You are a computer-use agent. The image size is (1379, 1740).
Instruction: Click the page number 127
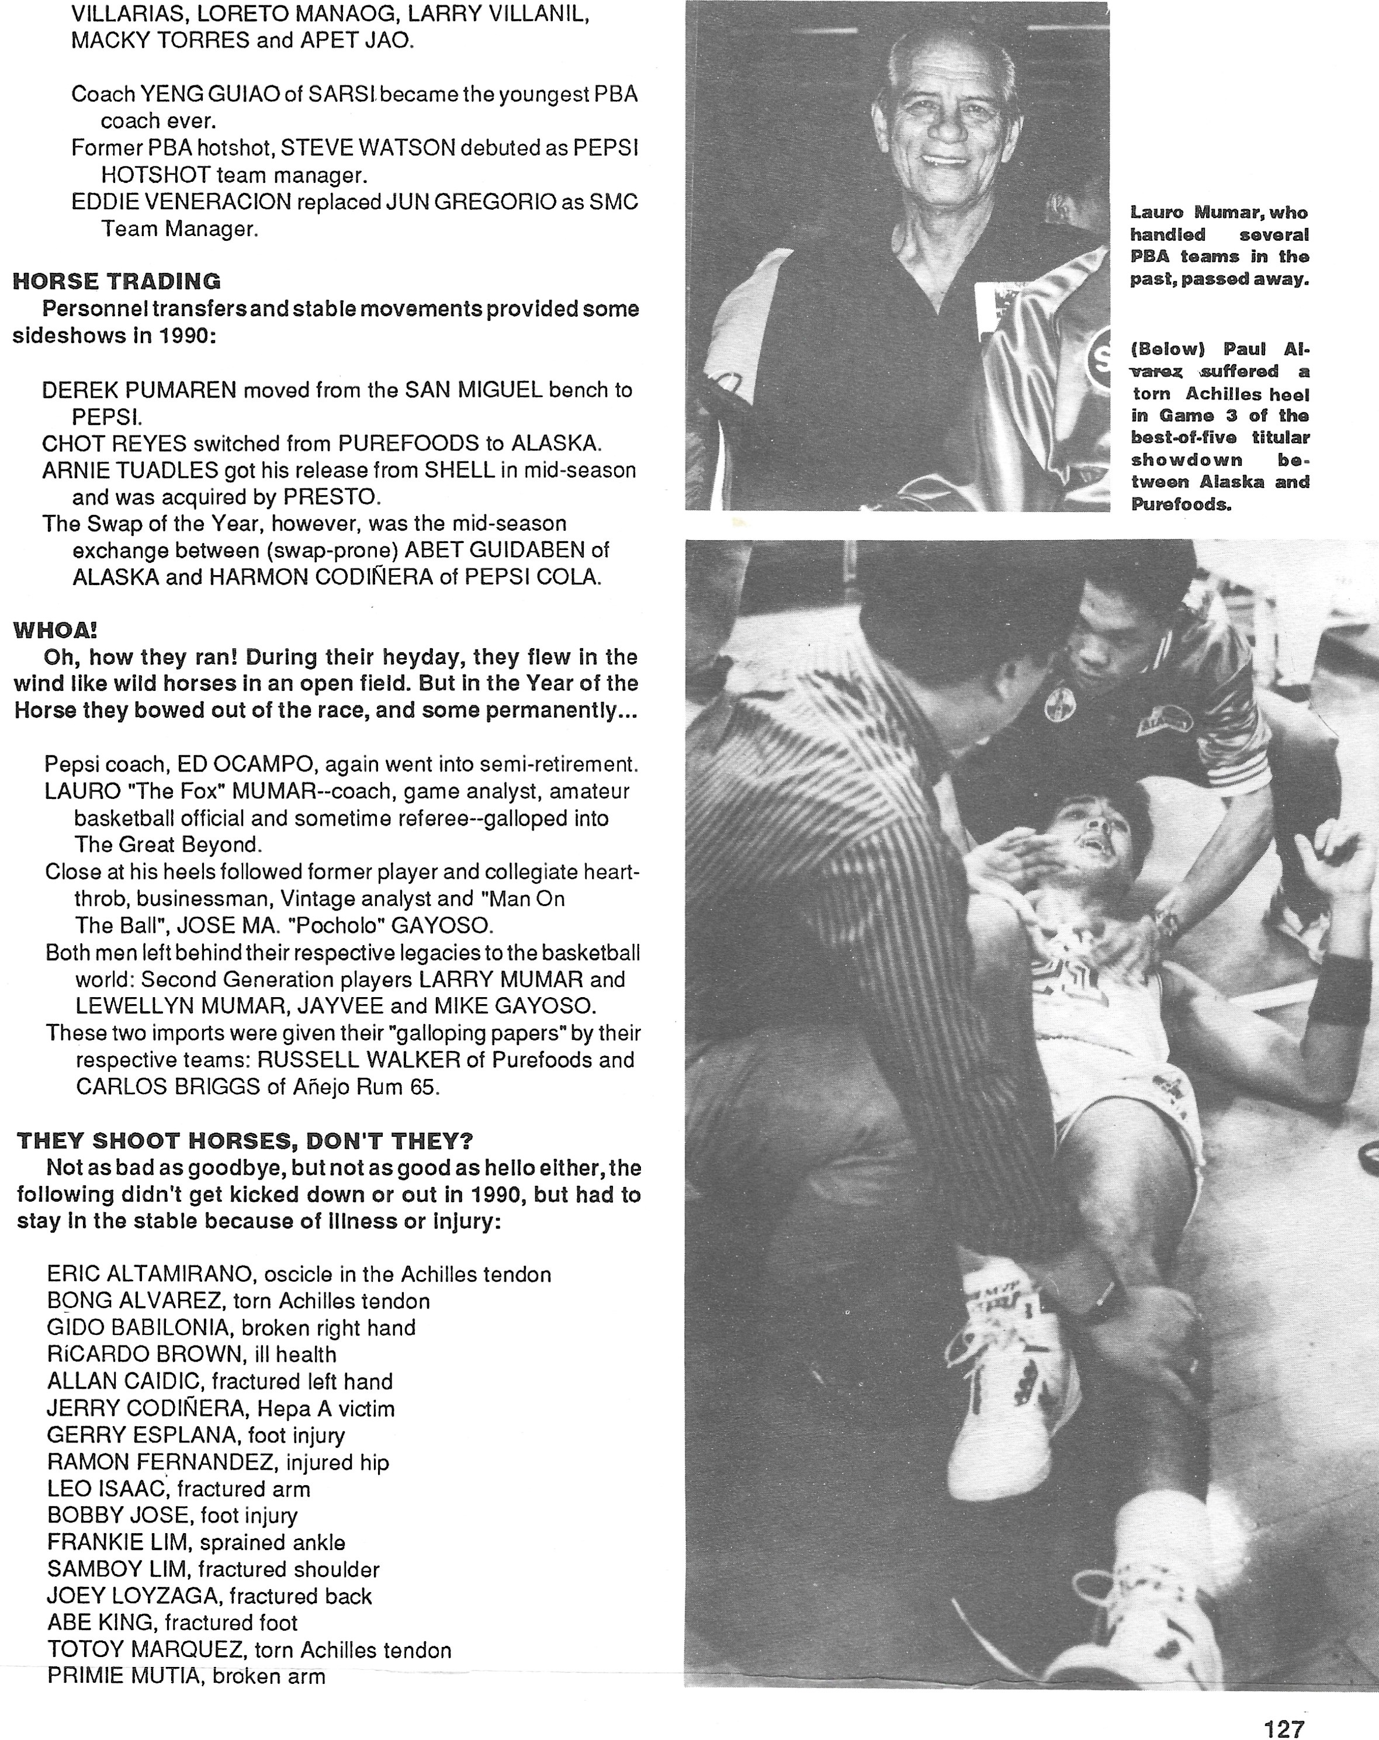click(x=1284, y=1728)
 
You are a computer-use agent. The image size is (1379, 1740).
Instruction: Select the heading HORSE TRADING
click(x=116, y=281)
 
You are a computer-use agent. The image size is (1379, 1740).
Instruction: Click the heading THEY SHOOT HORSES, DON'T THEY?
click(x=244, y=1140)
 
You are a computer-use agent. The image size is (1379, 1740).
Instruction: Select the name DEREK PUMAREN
click(x=139, y=390)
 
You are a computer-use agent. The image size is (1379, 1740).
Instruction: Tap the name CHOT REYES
click(x=114, y=443)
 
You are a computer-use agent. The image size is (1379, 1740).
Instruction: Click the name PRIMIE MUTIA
click(x=122, y=1676)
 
